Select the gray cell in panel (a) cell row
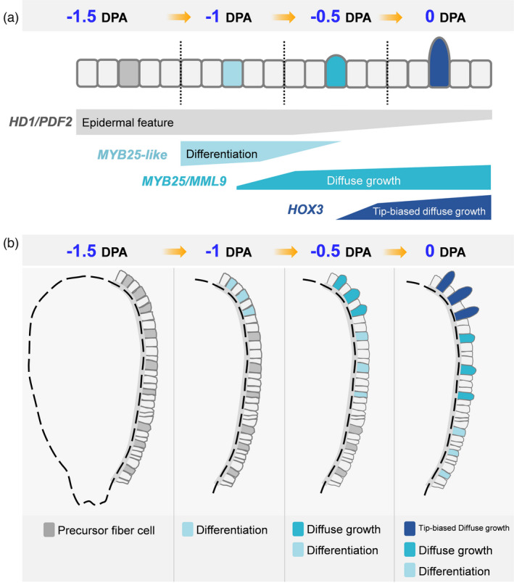pyautogui.click(x=128, y=73)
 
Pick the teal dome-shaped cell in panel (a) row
pyautogui.click(x=336, y=71)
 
